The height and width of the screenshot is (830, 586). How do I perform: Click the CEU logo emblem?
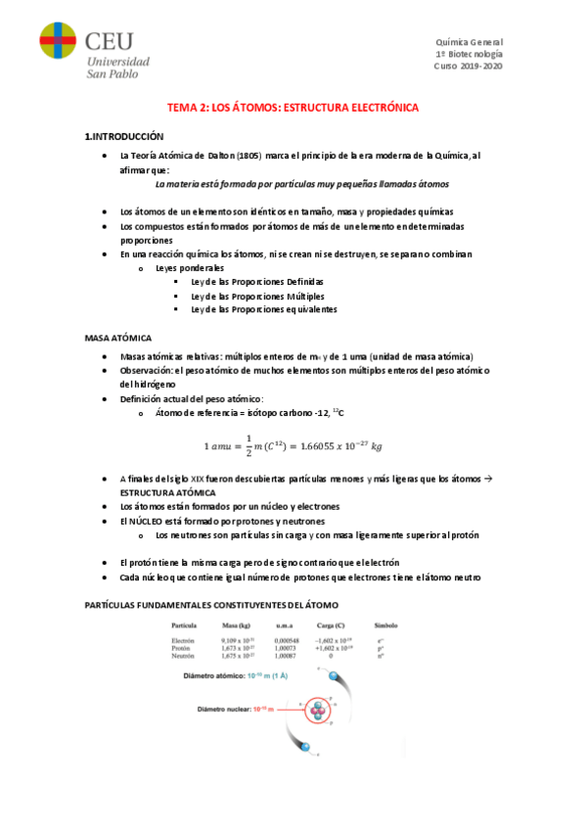pos(58,45)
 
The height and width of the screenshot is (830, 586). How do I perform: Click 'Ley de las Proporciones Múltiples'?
pos(258,296)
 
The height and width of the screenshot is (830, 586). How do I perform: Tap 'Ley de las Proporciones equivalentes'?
pos(264,309)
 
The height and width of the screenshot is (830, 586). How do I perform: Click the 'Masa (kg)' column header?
pos(240,623)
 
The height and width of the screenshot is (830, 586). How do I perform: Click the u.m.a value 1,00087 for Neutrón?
pos(290,657)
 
